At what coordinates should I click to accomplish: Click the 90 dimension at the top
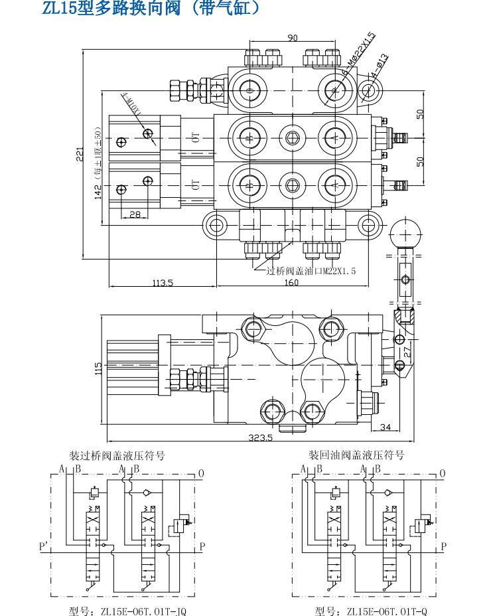click(x=292, y=38)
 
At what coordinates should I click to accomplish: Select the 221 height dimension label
click(x=79, y=154)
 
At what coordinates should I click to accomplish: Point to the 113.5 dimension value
click(x=162, y=283)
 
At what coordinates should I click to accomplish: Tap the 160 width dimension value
click(x=291, y=283)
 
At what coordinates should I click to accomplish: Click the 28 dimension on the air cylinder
click(x=135, y=214)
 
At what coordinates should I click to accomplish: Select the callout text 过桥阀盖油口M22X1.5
click(x=311, y=271)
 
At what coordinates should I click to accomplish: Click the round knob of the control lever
click(x=405, y=234)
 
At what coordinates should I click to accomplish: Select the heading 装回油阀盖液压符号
click(x=356, y=456)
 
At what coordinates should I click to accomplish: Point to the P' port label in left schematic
click(x=44, y=546)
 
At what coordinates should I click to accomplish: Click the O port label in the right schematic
click(x=443, y=473)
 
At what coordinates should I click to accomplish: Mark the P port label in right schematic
click(x=444, y=546)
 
